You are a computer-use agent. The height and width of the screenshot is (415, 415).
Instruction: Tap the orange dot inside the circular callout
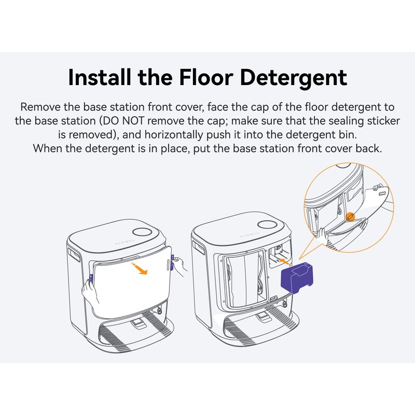coord(350,215)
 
